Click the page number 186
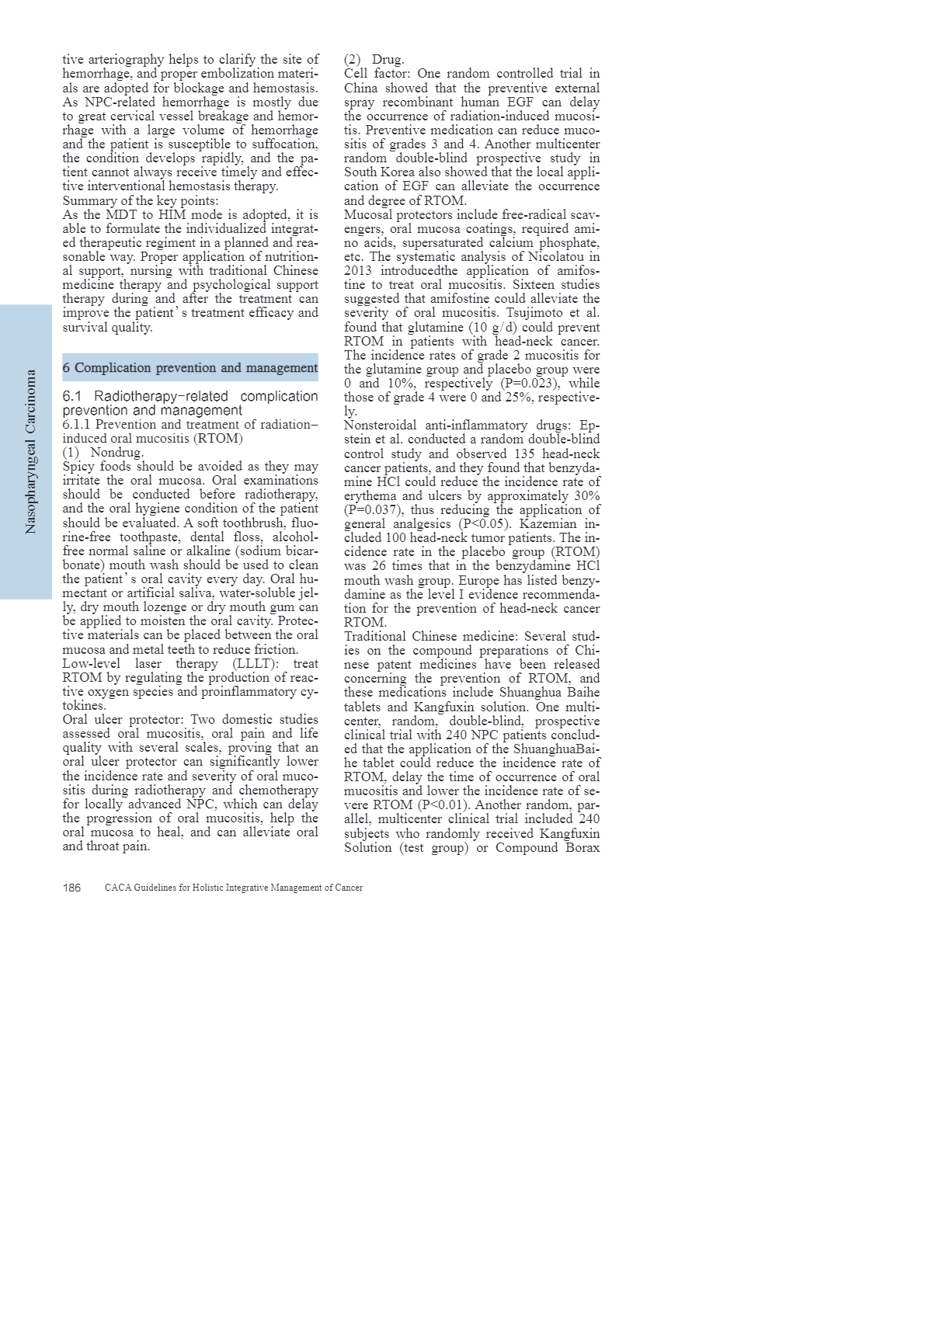tap(71, 888)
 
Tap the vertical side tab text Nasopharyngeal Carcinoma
tap(30, 451)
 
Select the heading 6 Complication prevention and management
tap(190, 367)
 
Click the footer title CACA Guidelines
tap(233, 888)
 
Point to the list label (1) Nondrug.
tap(103, 452)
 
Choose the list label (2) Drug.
tap(374, 60)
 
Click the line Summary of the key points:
tap(140, 200)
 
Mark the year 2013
tap(359, 271)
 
